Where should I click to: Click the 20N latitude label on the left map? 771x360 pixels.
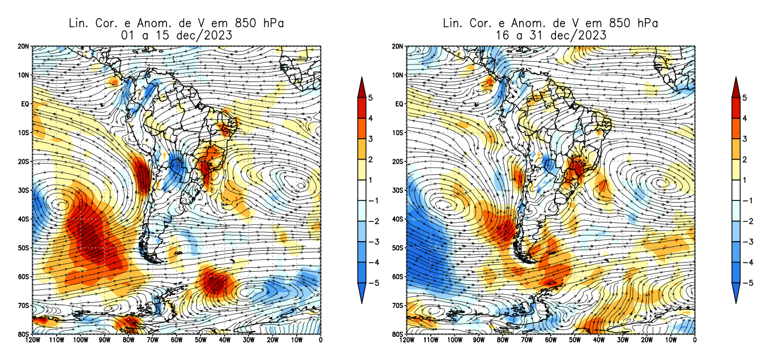point(24,46)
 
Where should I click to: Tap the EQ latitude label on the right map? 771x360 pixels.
point(399,104)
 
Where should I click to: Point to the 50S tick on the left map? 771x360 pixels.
point(24,248)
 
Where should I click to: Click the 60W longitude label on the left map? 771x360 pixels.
point(176,340)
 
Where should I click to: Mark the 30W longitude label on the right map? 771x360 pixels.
point(622,340)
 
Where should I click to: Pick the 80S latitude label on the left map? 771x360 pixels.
point(24,334)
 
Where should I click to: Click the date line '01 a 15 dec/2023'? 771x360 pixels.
point(176,35)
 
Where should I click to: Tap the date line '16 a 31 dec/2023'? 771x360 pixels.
point(550,35)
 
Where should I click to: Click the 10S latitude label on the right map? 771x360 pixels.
point(398,133)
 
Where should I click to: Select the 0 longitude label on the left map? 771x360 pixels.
point(320,340)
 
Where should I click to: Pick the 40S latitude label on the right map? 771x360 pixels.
point(398,219)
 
